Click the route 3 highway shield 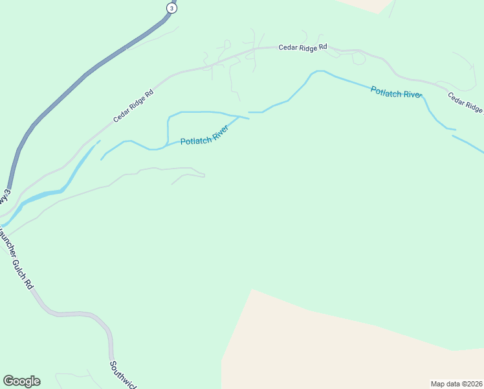[171, 7]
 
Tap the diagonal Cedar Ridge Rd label [133, 106]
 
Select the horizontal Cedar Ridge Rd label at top [303, 47]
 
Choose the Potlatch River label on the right [396, 92]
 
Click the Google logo [21, 381]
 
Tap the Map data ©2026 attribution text [457, 384]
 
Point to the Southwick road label [123, 375]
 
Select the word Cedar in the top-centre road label [288, 47]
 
